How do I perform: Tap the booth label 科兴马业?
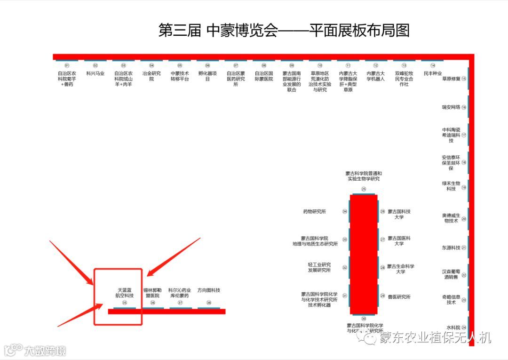(x=95, y=73)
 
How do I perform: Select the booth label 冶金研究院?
(x=151, y=76)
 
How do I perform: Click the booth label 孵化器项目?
(x=207, y=76)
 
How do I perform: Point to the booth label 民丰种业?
(x=433, y=73)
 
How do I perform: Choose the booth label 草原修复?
(x=452, y=79)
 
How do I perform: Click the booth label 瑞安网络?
(x=451, y=107)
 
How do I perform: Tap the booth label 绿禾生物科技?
(x=451, y=186)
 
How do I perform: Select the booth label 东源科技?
(x=451, y=248)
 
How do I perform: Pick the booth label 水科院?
(x=453, y=328)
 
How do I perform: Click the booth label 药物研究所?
(x=315, y=212)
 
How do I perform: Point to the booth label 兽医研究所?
(x=399, y=297)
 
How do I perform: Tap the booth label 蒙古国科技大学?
(x=399, y=214)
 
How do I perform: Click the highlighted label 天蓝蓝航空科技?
(x=125, y=293)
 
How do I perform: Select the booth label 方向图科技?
(x=209, y=290)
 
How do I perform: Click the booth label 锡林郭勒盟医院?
(x=152, y=293)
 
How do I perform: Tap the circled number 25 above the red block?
(x=364, y=189)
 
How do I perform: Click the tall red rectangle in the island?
(x=364, y=254)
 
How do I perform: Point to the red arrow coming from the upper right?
(x=174, y=257)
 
